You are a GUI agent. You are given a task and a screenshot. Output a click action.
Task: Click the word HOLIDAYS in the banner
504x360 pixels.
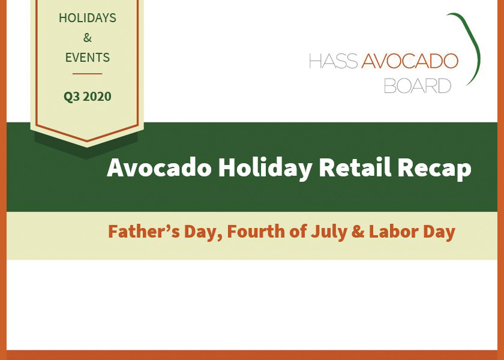87,18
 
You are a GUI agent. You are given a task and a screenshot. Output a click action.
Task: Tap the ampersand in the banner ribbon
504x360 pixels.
88,38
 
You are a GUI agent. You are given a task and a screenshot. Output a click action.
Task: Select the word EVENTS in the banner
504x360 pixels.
88,58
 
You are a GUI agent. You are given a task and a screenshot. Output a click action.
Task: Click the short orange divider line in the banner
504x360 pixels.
88,74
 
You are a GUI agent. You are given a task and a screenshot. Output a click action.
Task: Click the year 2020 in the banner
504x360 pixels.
97,96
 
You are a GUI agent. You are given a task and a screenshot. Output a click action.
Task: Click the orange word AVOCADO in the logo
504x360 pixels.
409,61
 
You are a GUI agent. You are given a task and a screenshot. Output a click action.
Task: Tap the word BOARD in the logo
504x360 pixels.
417,86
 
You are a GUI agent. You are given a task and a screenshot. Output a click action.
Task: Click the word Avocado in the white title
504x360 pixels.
159,168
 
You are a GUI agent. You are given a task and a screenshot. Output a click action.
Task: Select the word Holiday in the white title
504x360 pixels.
265,168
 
